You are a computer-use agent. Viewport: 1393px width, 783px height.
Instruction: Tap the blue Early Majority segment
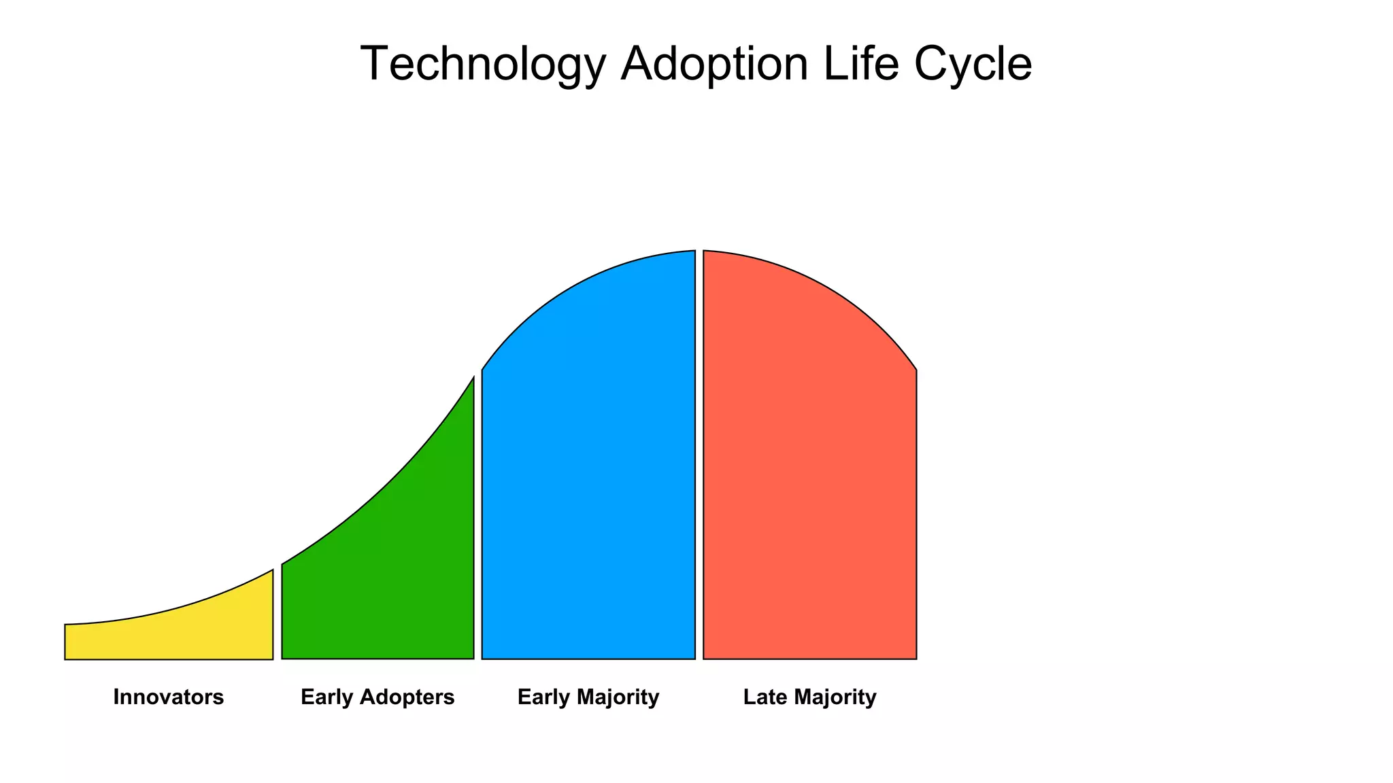click(589, 476)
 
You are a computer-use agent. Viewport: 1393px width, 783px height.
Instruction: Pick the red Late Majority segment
click(809, 476)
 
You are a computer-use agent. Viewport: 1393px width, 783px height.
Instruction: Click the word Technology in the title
click(482, 65)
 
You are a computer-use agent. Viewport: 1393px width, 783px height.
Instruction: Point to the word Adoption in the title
click(714, 65)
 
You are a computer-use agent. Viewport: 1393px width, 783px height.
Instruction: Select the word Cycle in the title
click(973, 65)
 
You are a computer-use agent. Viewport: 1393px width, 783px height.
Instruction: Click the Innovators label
click(169, 697)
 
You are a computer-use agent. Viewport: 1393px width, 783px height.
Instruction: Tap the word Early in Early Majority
click(543, 697)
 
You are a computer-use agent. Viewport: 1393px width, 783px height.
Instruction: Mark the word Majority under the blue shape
click(617, 697)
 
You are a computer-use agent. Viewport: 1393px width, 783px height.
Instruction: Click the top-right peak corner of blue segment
click(694, 251)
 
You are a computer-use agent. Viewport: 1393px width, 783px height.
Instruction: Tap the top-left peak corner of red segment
click(704, 251)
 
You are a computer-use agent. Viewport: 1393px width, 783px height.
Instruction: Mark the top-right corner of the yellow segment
click(272, 571)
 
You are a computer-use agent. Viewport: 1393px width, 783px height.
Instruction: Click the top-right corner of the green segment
click(473, 378)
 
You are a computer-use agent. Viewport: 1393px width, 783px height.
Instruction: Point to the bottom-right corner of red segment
click(916, 658)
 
